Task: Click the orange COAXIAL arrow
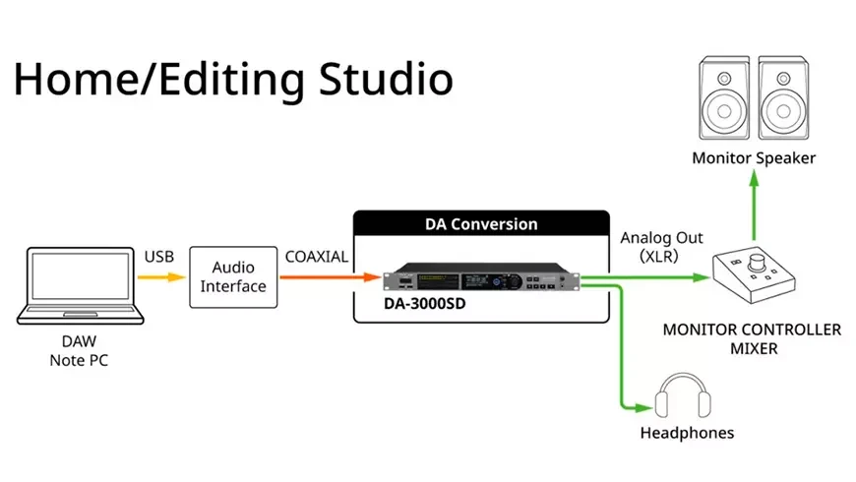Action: (329, 277)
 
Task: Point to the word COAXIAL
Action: (317, 257)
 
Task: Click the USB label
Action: (159, 257)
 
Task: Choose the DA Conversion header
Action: (482, 223)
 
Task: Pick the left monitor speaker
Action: (726, 100)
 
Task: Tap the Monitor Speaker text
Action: (754, 157)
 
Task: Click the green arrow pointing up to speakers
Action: (755, 207)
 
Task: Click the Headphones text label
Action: (687, 433)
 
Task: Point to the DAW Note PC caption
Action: (79, 351)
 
